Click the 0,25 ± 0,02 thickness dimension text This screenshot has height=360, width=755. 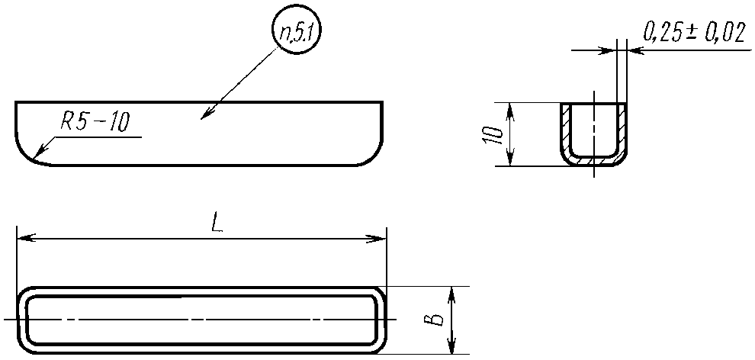(x=692, y=33)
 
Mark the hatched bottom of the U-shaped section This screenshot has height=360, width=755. (x=594, y=161)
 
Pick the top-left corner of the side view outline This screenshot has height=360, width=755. (x=16, y=103)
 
